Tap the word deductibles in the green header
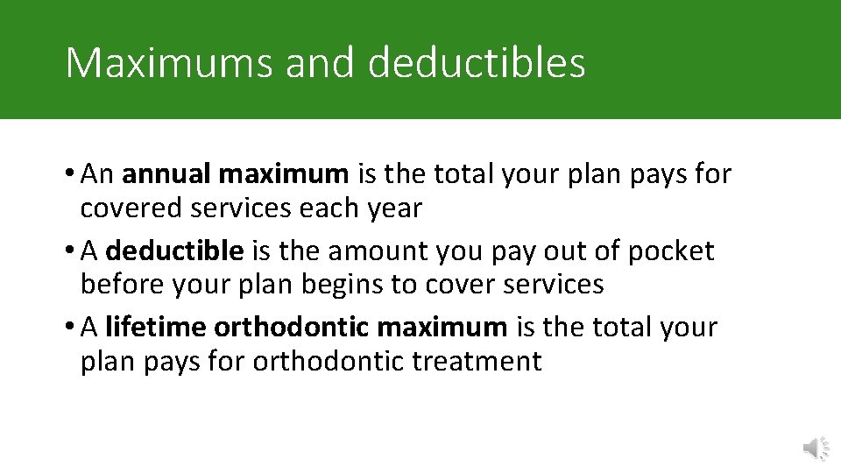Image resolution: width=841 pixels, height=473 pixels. pos(477,63)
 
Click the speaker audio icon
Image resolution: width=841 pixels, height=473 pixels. pos(816,448)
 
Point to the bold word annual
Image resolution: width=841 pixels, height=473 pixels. pos(166,174)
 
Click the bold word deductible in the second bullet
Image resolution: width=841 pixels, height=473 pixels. pos(174,251)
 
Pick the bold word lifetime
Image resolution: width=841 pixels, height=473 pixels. pos(155,328)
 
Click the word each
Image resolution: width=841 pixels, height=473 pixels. pos(328,208)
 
